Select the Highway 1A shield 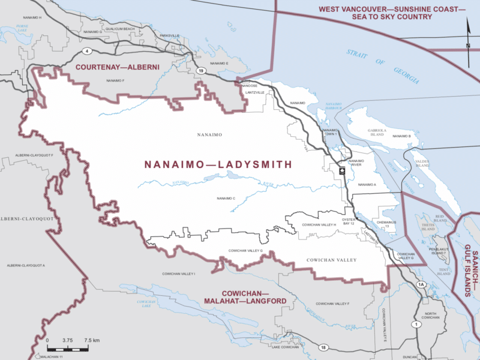421,284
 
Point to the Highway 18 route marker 323,347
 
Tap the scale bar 67,347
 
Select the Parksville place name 170,36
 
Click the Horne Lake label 23,29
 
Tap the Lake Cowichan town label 285,347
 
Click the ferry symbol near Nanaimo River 342,170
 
